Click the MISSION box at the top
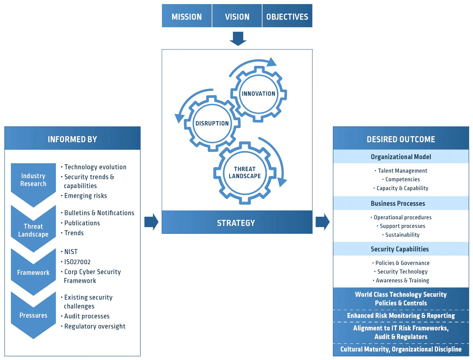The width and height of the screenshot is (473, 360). pos(187,16)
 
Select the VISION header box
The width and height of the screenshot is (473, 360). pos(237,16)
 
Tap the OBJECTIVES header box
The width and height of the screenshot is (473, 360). pos(287,16)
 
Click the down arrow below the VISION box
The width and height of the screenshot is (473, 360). pos(237,38)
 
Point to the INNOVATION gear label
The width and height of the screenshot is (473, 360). pos(258,94)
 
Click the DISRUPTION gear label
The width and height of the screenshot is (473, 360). pos(212,123)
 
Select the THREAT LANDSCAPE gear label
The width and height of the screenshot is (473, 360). pos(245,173)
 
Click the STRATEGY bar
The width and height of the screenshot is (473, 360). pos(236,223)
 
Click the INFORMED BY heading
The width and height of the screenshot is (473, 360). pos(73,139)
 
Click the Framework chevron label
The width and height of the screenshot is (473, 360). pos(33,273)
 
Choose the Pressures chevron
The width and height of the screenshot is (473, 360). pos(33,315)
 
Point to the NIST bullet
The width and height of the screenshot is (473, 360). pos(71,251)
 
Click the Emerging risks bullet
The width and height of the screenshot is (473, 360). pos(85,196)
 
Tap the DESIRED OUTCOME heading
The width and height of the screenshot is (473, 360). pos(401,139)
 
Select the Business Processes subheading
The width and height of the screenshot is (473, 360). pos(398,204)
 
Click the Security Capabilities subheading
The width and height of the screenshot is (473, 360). pos(400,249)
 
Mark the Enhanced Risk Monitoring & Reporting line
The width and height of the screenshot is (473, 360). pos(401,316)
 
